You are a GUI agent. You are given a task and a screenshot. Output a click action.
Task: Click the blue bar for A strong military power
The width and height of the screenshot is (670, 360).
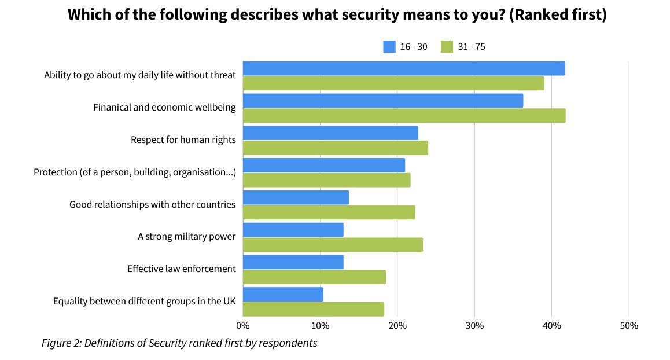pos(293,230)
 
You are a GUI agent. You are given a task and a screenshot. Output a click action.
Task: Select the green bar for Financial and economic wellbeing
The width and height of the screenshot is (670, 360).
pos(404,116)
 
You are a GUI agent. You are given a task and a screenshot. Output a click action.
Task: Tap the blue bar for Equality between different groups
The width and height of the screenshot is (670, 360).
pos(283,294)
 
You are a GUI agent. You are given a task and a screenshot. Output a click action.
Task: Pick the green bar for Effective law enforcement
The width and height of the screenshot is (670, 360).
pos(314,277)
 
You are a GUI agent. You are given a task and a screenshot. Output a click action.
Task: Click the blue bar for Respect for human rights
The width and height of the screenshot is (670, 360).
pos(330,133)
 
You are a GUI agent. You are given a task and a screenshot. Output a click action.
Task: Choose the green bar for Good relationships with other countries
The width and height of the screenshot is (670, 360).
pos(329,212)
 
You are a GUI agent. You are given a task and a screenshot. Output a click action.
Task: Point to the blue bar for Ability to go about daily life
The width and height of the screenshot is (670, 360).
pos(404,68)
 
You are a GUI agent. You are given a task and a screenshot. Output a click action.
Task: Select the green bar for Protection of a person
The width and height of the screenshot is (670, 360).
pos(326,180)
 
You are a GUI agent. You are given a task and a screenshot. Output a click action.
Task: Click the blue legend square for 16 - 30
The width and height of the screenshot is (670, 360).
pos(389,47)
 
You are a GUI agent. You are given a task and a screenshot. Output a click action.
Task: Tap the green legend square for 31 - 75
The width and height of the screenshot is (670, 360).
pos(447,47)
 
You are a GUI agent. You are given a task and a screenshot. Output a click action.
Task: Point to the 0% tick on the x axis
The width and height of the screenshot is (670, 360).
pos(243,325)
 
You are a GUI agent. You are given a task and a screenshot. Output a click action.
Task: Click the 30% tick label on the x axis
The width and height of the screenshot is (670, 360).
pos(474,325)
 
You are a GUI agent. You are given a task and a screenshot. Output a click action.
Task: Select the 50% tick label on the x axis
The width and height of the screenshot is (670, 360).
pos(628,325)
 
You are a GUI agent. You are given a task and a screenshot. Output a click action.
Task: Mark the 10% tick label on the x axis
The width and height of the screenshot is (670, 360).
pos(320,325)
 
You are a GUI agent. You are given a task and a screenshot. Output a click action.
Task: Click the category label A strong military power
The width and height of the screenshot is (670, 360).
pos(186,237)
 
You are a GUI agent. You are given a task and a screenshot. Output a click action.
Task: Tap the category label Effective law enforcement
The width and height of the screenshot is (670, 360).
pos(181,269)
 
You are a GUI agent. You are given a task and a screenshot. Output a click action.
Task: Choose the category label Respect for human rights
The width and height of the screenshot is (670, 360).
pos(183,140)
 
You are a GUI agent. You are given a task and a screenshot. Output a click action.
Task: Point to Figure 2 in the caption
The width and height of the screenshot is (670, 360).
pos(61,343)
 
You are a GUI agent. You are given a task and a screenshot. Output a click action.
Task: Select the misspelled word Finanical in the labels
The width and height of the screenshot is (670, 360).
pos(113,108)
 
